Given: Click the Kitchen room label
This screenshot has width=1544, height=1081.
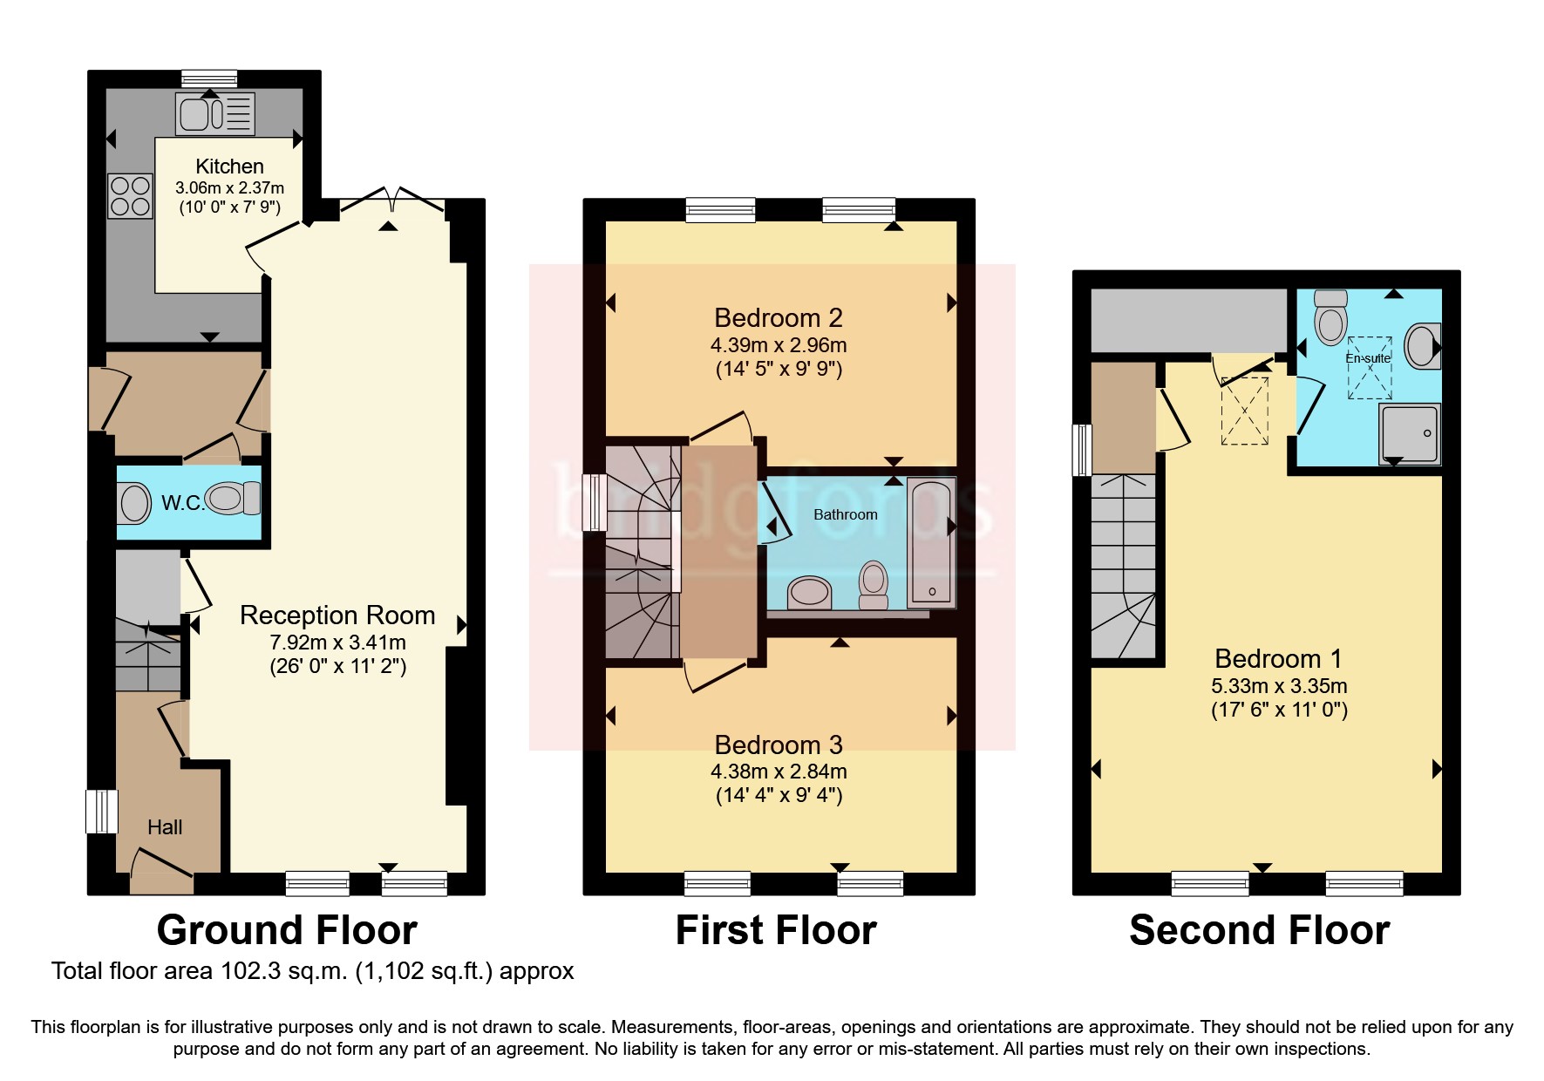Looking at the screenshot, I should pyautogui.click(x=229, y=167).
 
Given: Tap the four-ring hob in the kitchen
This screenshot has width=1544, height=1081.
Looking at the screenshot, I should pyautogui.click(x=129, y=196).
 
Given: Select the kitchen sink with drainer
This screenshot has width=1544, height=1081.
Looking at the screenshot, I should pyautogui.click(x=215, y=114).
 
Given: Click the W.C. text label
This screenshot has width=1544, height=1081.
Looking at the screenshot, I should pyautogui.click(x=182, y=503).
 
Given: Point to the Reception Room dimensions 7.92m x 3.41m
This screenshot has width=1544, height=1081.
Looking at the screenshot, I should pyautogui.click(x=337, y=642).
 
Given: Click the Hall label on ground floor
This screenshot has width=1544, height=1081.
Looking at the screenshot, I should pyautogui.click(x=165, y=827).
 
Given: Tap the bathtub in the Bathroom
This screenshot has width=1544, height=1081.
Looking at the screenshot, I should pyautogui.click(x=931, y=541).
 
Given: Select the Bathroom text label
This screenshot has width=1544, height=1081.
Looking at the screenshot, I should pyautogui.click(x=845, y=514).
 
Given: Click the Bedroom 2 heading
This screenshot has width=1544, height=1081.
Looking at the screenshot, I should pyautogui.click(x=778, y=317).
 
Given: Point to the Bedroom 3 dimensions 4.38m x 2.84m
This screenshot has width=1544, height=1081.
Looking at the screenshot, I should pyautogui.click(x=778, y=772).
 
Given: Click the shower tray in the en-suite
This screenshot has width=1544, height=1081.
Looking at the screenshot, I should pyautogui.click(x=1409, y=433).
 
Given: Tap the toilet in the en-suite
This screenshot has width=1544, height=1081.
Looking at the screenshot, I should pyautogui.click(x=1330, y=316).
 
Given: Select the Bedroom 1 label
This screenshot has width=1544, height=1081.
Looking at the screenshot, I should pyautogui.click(x=1278, y=658).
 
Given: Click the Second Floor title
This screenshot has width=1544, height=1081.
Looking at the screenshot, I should pyautogui.click(x=1259, y=930).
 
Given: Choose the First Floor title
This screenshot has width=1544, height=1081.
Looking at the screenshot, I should pyautogui.click(x=776, y=930).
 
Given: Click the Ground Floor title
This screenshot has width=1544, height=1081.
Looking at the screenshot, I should pyautogui.click(x=287, y=930).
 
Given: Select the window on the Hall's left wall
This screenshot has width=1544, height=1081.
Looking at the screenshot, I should pyautogui.click(x=101, y=811).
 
